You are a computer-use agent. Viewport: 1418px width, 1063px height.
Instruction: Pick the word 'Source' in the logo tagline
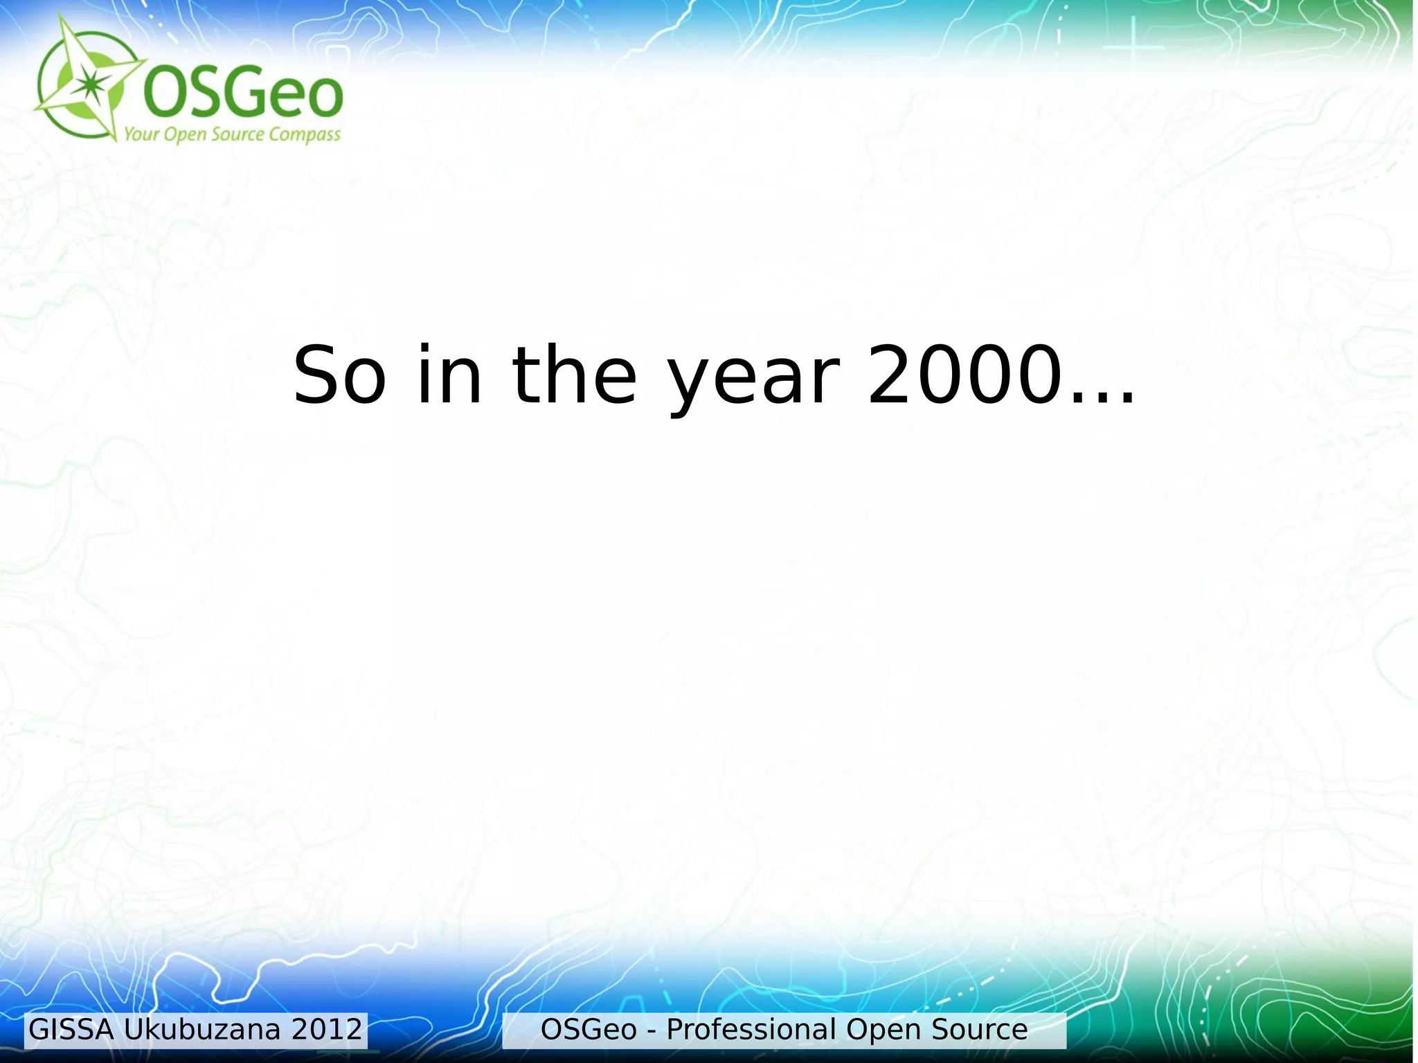(x=237, y=134)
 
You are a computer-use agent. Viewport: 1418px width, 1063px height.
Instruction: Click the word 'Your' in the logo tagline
(x=141, y=134)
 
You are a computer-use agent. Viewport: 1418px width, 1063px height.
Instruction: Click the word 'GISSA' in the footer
(x=71, y=1030)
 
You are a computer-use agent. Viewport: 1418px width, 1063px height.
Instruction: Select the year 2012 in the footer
(x=327, y=1030)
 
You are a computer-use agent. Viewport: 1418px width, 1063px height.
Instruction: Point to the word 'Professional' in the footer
(x=751, y=1030)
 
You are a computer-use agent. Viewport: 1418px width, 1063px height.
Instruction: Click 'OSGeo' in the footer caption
(x=589, y=1030)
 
